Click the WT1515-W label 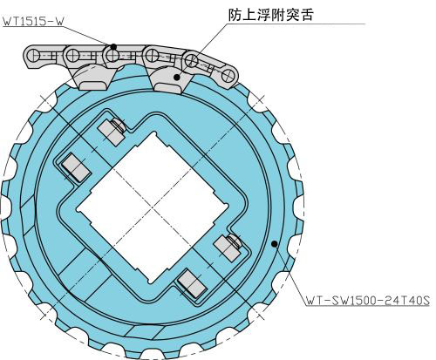(x=33, y=22)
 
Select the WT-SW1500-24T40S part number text (x=368, y=301)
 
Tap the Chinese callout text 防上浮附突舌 (x=270, y=15)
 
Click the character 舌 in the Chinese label (x=307, y=15)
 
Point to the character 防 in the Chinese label (x=235, y=15)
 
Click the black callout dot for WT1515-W (x=113, y=46)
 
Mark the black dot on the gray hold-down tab (x=176, y=77)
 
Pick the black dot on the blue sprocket (x=274, y=244)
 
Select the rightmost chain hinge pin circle (x=228, y=76)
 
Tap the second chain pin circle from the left (x=72, y=55)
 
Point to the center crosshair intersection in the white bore (x=152, y=208)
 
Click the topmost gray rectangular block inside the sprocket (x=111, y=132)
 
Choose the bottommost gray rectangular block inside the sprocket (x=192, y=283)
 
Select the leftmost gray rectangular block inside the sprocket (x=76, y=168)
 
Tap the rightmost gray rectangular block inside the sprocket (x=227, y=248)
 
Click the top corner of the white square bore (x=154, y=132)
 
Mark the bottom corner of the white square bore (x=151, y=283)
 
